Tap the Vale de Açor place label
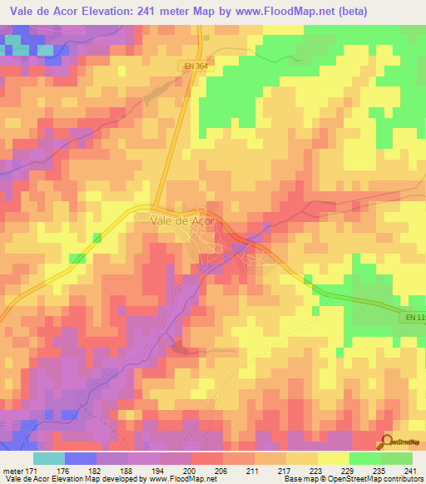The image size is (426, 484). click(183, 221)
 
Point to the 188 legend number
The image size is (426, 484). click(126, 471)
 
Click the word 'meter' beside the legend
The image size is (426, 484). click(12, 471)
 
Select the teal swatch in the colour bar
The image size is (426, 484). click(49, 458)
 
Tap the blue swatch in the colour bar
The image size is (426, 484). click(81, 458)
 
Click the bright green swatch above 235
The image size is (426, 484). click(364, 458)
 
